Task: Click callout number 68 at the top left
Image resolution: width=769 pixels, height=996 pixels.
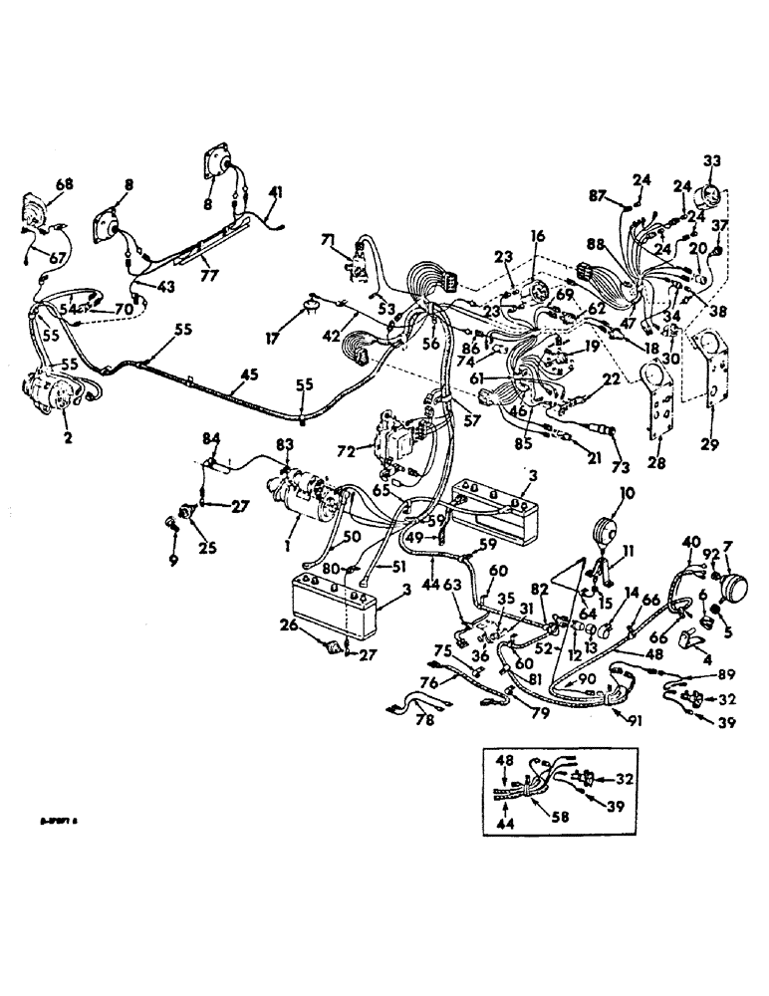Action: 37,184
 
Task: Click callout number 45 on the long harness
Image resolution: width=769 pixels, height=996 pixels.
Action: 244,376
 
